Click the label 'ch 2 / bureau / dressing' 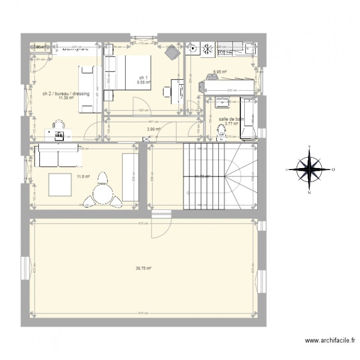(66, 94)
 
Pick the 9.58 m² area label (144, 82)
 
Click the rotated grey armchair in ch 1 (172, 53)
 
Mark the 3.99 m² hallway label (153, 129)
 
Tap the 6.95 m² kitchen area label (220, 72)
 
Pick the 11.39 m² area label (66, 98)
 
